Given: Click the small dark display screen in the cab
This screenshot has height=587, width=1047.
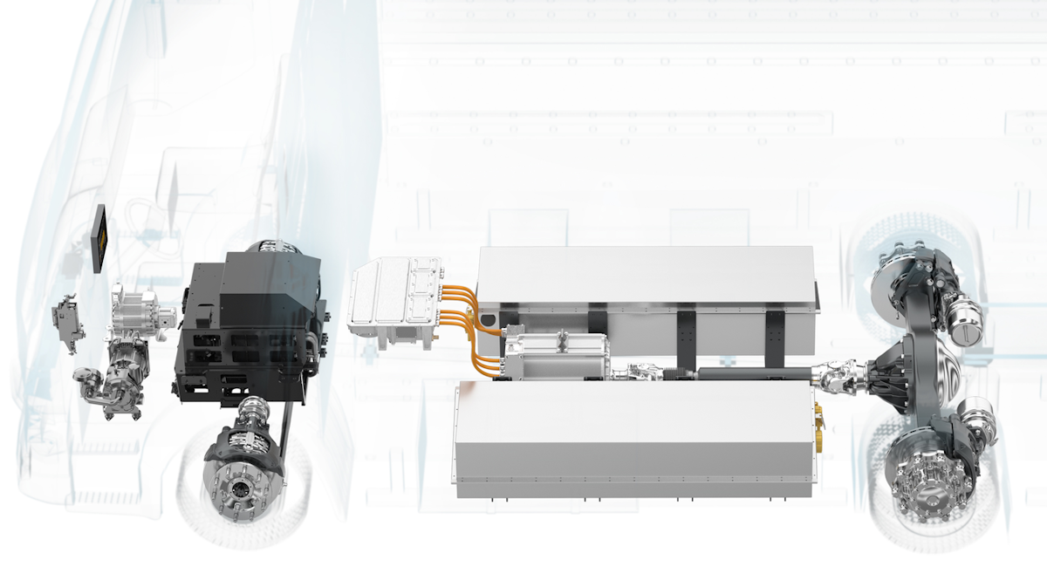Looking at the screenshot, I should (101, 239).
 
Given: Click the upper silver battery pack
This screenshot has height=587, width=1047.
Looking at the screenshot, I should (646, 279).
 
